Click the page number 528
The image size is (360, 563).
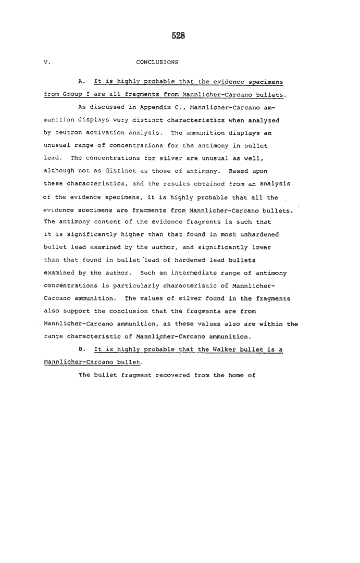[x=179, y=35]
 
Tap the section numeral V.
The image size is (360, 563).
[x=46, y=62]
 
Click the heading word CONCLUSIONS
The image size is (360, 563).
[x=157, y=62]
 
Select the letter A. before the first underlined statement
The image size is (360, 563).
[x=81, y=82]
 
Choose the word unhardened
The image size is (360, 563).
[x=258, y=235]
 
